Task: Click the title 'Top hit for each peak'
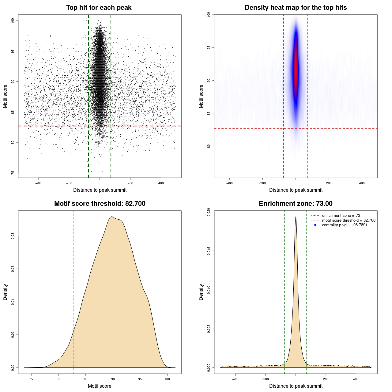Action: pos(99,8)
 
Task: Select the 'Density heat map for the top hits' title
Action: pos(296,8)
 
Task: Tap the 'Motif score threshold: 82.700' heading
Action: pos(100,204)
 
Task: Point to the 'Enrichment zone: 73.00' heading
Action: pos(296,204)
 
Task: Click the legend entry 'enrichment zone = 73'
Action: pos(341,216)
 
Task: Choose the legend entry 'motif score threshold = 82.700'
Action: pos(349,220)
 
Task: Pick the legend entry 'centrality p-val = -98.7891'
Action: pos(345,225)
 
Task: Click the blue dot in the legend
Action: pos(315,225)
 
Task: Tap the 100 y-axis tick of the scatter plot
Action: pos(13,21)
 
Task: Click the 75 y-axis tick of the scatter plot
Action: pos(13,173)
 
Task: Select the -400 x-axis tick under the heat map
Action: pos(229,183)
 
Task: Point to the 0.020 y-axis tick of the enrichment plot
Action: pos(209,212)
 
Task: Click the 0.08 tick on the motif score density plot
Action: pos(13,236)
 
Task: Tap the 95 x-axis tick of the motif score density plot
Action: pos(140,379)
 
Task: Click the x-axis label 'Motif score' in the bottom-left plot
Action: pos(100,386)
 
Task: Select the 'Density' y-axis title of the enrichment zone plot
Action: pos(201,292)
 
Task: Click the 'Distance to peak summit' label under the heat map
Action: pos(296,190)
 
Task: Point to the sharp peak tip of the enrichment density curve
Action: pos(296,217)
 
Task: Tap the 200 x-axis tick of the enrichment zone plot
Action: pos(326,379)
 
